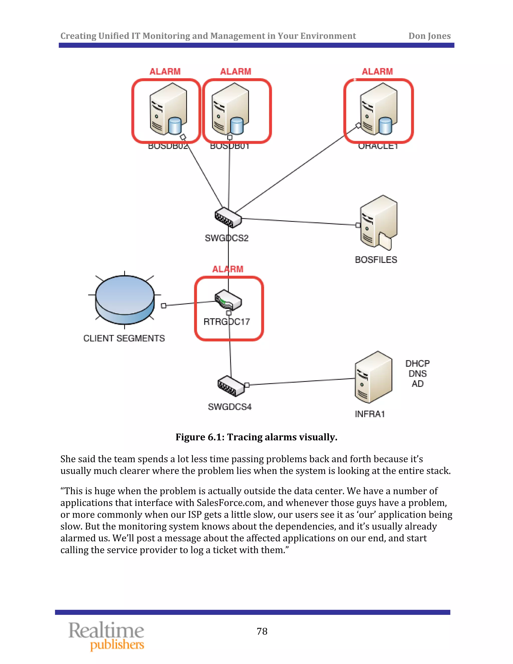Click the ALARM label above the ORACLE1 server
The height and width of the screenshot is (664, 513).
(x=377, y=71)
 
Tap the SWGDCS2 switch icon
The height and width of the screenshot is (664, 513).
(x=228, y=218)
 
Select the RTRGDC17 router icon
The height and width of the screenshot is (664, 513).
(x=228, y=300)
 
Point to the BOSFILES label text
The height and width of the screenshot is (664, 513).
(x=376, y=260)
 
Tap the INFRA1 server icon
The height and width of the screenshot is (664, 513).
(x=373, y=377)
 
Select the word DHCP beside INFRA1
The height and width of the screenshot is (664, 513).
(x=417, y=364)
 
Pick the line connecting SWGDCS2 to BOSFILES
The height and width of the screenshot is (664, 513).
(x=299, y=222)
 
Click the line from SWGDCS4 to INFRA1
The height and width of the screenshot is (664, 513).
(x=301, y=382)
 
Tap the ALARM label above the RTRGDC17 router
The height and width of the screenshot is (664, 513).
(x=228, y=269)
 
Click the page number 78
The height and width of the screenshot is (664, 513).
(x=262, y=631)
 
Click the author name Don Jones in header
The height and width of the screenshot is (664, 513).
(x=429, y=36)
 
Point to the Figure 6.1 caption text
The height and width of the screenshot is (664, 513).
(x=256, y=437)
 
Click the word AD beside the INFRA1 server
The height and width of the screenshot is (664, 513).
(x=417, y=384)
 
